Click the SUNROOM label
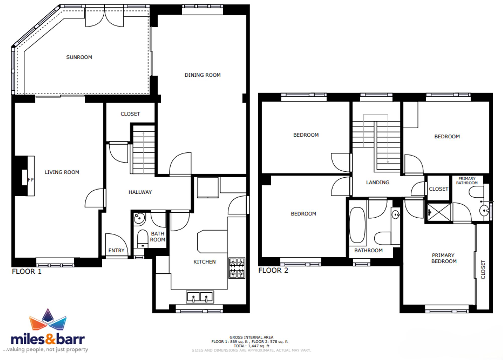point(79,57)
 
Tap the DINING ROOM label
point(202,75)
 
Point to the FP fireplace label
point(30,180)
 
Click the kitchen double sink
point(200,297)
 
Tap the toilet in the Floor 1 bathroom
point(143,239)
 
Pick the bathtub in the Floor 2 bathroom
point(357,225)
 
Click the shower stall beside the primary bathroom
point(439,213)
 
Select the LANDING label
point(378,182)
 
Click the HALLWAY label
point(140,192)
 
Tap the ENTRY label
point(116,251)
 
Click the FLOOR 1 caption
point(27,271)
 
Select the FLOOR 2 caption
point(273,270)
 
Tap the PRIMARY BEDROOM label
point(444,258)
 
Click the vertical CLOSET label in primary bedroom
point(483,270)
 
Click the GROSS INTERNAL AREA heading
point(251,337)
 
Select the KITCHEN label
point(204,262)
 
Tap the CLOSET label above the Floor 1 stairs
point(130,114)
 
